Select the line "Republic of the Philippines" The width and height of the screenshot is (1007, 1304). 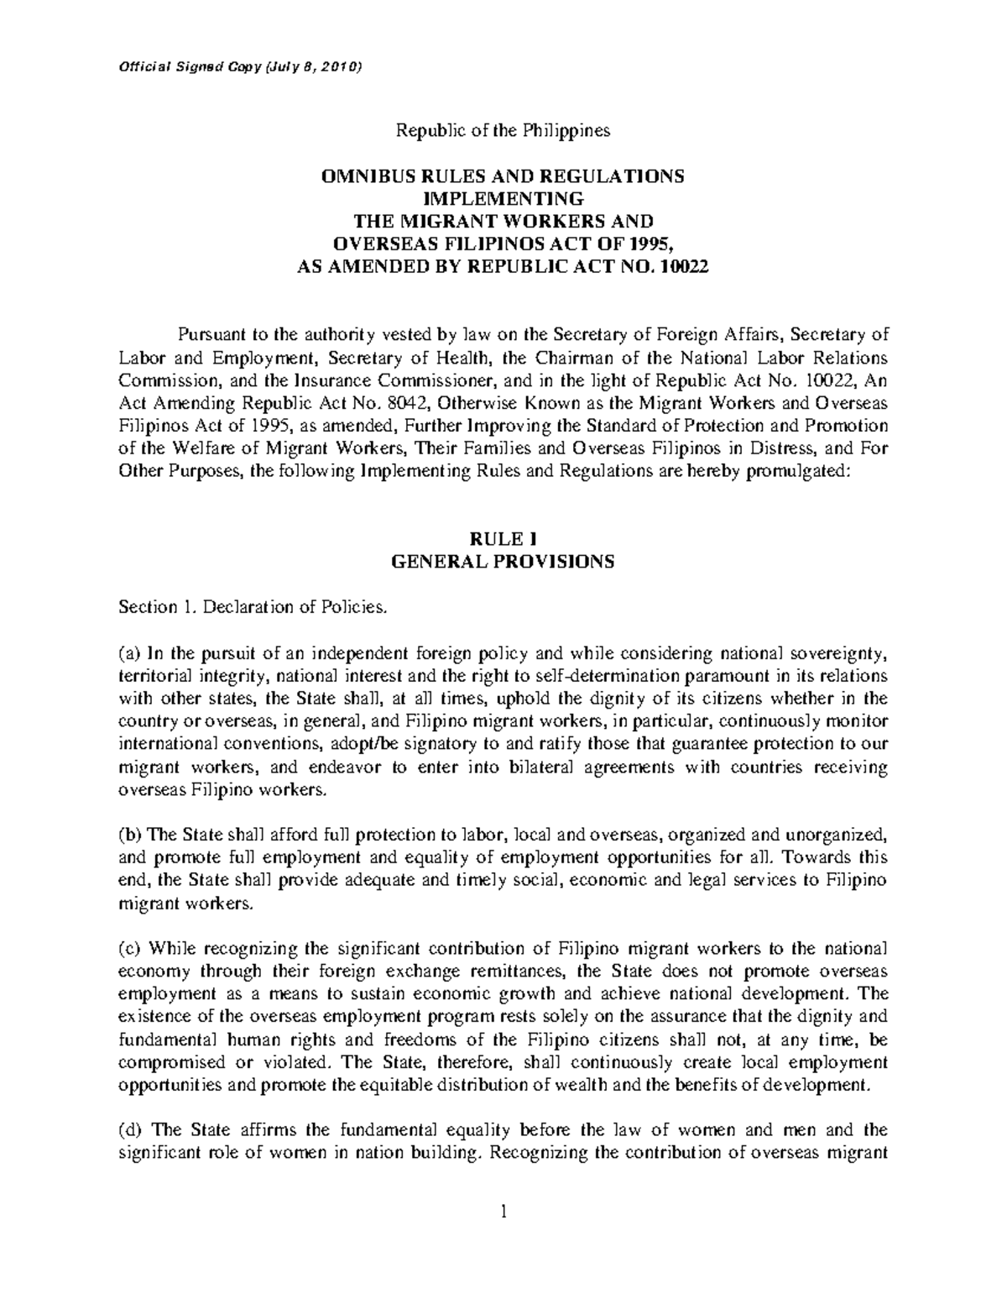[503, 131]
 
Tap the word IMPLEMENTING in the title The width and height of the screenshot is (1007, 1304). [503, 199]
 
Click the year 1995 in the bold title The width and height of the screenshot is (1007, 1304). [652, 244]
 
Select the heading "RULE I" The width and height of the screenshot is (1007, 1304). [503, 541]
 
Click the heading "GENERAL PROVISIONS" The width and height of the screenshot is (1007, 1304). [503, 563]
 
